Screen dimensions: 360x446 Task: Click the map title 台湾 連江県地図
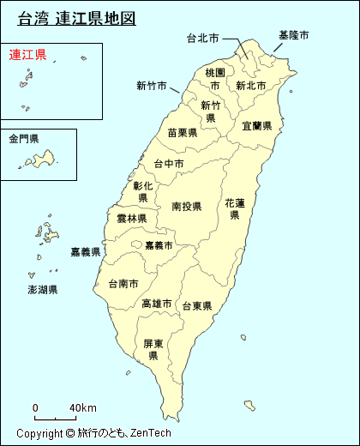click(77, 18)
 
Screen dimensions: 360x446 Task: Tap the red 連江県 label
click(27, 55)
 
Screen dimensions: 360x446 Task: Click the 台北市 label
click(202, 38)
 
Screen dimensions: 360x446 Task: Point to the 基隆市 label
click(294, 35)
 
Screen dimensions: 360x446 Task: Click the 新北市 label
click(252, 85)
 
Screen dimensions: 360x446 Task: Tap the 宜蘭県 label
click(256, 125)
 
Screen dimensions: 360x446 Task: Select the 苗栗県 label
click(183, 132)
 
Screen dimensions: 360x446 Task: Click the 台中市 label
click(169, 164)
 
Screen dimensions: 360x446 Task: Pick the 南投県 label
click(186, 207)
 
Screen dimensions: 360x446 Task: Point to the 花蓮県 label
click(235, 208)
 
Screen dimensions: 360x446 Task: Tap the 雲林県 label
click(131, 219)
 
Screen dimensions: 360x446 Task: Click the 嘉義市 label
click(159, 245)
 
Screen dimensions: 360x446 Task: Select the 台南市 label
click(123, 283)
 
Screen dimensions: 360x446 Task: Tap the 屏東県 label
click(153, 349)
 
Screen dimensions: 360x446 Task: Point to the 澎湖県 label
click(42, 290)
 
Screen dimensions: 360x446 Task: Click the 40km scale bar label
click(82, 407)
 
